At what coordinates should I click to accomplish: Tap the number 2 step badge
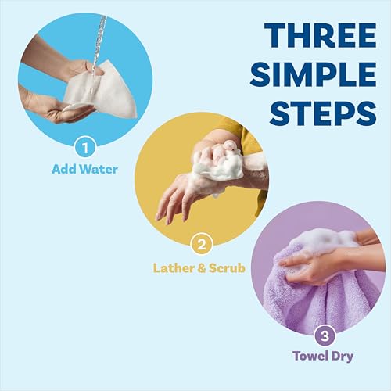(x=201, y=246)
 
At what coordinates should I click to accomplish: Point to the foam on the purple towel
(x=317, y=242)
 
